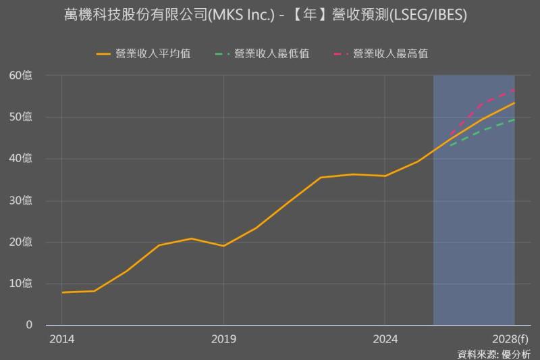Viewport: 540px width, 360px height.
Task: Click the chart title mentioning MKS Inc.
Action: [270, 15]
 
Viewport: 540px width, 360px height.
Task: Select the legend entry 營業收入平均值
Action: [153, 54]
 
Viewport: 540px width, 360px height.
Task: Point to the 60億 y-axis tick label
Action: [21, 75]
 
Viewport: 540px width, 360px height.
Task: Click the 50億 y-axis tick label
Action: [21, 117]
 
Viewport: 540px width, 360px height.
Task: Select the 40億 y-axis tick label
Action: [21, 159]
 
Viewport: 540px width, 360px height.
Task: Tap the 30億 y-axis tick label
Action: [21, 201]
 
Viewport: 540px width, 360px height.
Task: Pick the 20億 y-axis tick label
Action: [21, 242]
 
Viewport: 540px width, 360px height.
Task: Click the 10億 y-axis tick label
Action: [21, 284]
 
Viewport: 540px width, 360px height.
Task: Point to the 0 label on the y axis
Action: [29, 325]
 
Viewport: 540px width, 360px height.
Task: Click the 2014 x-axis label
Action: [61, 338]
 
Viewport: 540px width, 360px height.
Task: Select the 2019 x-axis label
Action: [223, 338]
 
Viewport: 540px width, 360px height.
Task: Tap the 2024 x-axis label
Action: [385, 338]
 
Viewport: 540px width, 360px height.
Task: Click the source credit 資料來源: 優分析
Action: [493, 353]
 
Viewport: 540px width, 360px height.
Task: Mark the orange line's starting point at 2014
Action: [61, 292]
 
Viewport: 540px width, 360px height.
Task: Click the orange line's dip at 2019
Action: [223, 246]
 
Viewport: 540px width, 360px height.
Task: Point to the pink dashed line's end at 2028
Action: [514, 89]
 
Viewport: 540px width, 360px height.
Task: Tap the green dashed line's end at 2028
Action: [514, 120]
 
